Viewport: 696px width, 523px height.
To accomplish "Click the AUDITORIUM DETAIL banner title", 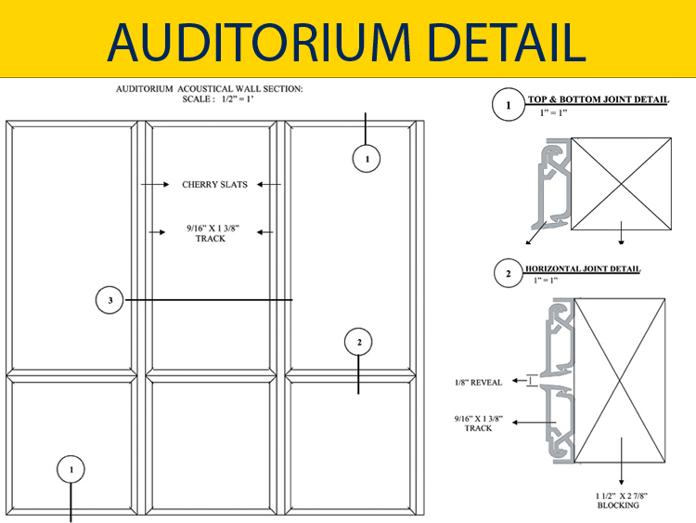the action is point(347,42).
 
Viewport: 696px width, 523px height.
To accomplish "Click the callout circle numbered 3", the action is point(110,300).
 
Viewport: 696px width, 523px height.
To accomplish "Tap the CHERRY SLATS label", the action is point(215,185).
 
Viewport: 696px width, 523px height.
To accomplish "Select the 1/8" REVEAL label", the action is point(479,382).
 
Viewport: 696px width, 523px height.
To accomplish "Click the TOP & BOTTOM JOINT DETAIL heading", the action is point(598,99).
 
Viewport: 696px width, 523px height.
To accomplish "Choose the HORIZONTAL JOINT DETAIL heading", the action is point(583,268).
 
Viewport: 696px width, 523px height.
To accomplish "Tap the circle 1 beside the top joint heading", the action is point(509,105).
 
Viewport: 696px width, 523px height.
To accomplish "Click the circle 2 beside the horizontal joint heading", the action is point(509,273).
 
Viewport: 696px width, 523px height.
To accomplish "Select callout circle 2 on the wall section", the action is point(358,342).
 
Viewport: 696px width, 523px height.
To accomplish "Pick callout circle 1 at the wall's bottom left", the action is point(71,469).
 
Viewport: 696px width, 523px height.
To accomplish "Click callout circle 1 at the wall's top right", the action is point(367,159).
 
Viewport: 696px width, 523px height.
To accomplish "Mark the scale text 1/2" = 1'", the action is point(237,99).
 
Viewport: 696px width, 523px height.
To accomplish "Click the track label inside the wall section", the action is point(213,233).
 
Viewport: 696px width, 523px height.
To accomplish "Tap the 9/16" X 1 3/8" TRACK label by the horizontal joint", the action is point(479,424).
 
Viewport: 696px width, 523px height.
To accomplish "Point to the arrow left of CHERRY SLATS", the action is point(155,185).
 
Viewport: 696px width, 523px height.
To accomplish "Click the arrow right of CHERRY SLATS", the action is point(269,185).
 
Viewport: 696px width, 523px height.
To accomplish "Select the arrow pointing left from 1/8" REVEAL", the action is point(520,381).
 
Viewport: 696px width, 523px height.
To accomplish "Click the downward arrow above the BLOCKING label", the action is point(622,462).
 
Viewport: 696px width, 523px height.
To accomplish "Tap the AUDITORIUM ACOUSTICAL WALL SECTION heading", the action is point(210,89).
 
